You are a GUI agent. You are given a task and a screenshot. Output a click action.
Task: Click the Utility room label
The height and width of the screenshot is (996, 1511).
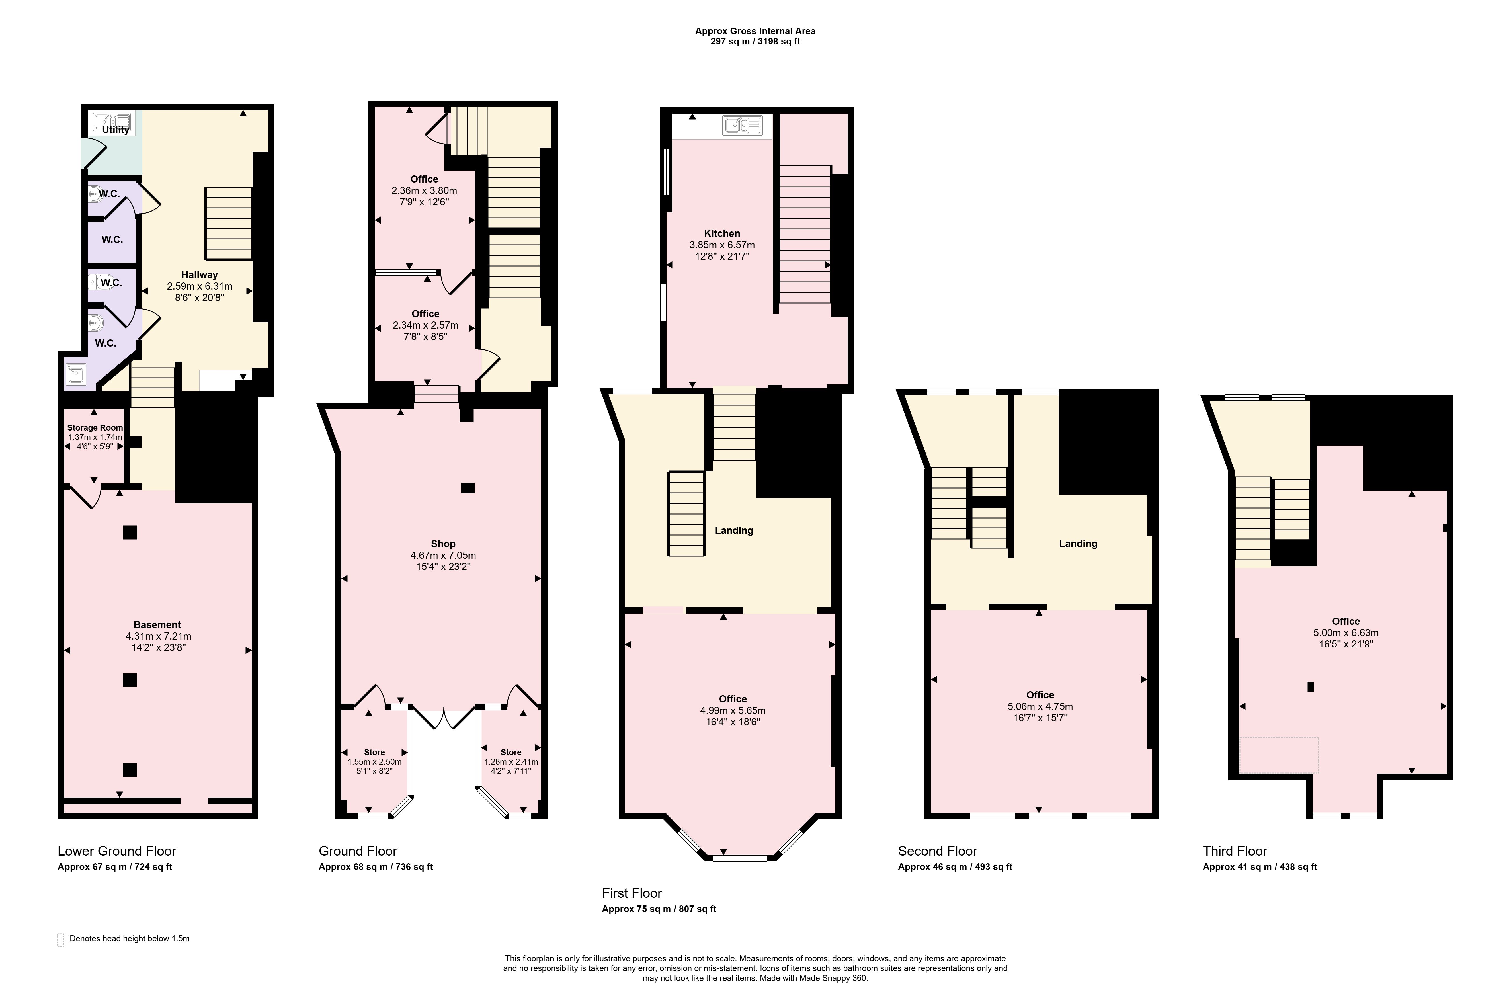pyautogui.click(x=116, y=130)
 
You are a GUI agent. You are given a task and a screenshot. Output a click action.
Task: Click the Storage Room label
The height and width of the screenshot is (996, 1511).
pyautogui.click(x=95, y=427)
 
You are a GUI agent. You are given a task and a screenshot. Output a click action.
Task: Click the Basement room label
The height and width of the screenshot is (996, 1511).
pyautogui.click(x=157, y=624)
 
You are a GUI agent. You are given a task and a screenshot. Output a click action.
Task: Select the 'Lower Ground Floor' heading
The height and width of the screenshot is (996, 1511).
pyautogui.click(x=117, y=851)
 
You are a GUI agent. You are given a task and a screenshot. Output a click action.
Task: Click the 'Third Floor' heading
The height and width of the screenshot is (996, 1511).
pyautogui.click(x=1235, y=851)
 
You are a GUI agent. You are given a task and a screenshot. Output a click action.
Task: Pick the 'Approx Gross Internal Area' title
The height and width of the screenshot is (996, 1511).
pyautogui.click(x=755, y=30)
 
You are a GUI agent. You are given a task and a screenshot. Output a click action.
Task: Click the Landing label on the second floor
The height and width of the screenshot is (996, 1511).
pyautogui.click(x=1078, y=543)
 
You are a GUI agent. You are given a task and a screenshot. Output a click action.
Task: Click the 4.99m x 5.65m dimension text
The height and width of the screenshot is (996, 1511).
pyautogui.click(x=733, y=710)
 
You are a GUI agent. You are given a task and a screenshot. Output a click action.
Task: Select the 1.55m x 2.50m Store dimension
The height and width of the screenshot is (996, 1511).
pyautogui.click(x=375, y=762)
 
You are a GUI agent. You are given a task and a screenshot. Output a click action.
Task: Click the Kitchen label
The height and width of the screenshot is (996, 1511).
pyautogui.click(x=722, y=233)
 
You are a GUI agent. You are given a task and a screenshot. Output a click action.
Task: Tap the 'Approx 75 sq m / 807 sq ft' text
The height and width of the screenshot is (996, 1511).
pyautogui.click(x=659, y=909)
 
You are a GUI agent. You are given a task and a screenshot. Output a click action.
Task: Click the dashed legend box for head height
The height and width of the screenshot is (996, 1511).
pyautogui.click(x=61, y=940)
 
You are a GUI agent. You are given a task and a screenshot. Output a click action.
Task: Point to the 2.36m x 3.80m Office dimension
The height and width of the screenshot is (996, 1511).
pyautogui.click(x=424, y=190)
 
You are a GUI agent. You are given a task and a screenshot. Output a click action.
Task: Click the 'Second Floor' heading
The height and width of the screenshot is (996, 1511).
pyautogui.click(x=938, y=851)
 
